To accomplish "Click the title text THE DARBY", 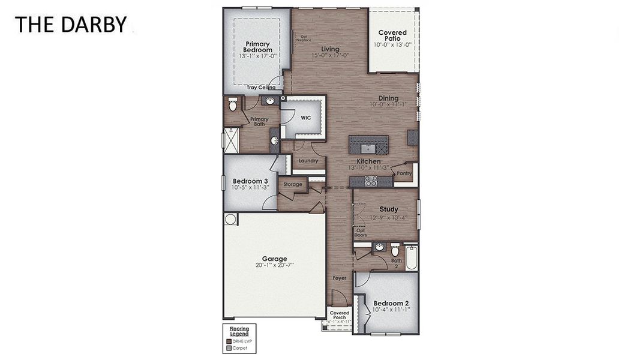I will click(x=71, y=25).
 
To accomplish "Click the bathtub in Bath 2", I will click(x=412, y=257).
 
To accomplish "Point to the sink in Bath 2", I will click(x=379, y=247).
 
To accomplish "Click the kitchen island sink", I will click(x=368, y=145).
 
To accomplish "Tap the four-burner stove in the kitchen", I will click(x=371, y=181).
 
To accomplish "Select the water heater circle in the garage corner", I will click(x=230, y=219).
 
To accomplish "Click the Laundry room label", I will click(x=308, y=161).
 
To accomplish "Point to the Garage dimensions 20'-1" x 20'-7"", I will click(x=274, y=265).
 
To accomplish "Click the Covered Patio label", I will click(x=392, y=35).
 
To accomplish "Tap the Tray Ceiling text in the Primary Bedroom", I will click(x=262, y=88).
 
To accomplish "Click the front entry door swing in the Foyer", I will click(x=338, y=298).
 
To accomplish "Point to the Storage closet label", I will click(x=293, y=185).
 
